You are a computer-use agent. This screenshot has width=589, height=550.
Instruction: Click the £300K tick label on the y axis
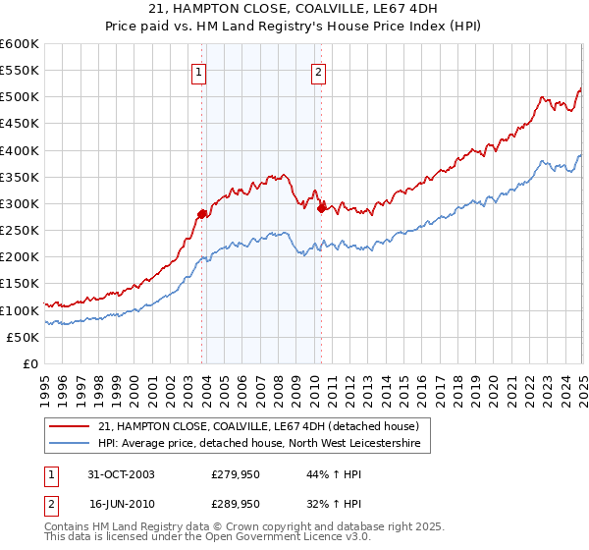point(19,203)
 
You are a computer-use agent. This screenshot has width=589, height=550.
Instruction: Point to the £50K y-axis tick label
point(23,337)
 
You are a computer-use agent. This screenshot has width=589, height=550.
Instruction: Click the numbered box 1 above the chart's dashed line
point(200,71)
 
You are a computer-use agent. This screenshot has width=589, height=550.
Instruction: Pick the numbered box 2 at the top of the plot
point(320,71)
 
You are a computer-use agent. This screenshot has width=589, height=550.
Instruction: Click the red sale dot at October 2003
point(201,214)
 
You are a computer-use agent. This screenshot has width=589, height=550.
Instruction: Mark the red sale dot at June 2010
point(321,208)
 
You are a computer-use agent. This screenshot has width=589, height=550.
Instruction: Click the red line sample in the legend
point(70,426)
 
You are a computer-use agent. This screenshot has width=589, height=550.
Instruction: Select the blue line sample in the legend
point(70,444)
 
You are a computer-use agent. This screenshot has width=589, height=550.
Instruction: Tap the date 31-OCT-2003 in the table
point(122,474)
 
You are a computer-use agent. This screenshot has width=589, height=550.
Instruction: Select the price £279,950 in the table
point(236,474)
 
